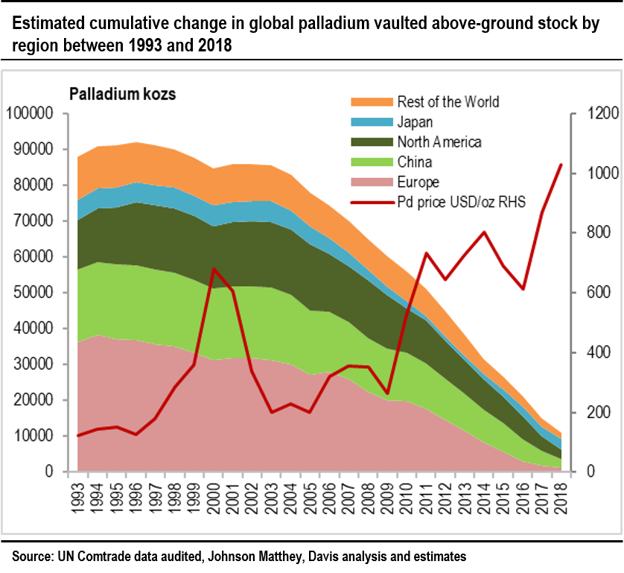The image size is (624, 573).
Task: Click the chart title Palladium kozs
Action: pyautogui.click(x=122, y=95)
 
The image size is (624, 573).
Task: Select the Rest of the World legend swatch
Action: pyautogui.click(x=370, y=102)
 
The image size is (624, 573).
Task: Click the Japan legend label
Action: pyautogui.click(x=415, y=122)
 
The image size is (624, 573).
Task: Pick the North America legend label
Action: pyautogui.click(x=439, y=142)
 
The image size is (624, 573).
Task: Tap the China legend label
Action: pyautogui.click(x=415, y=162)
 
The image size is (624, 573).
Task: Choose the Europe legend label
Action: pyautogui.click(x=418, y=183)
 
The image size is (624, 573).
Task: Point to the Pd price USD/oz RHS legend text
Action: pyautogui.click(x=462, y=202)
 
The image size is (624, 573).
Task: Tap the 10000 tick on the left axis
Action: pyautogui.click(x=32, y=436)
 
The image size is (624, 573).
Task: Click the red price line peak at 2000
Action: pyautogui.click(x=214, y=269)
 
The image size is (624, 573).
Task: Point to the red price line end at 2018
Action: pyautogui.click(x=561, y=165)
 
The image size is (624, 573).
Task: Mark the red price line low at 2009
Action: pyautogui.click(x=387, y=393)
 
